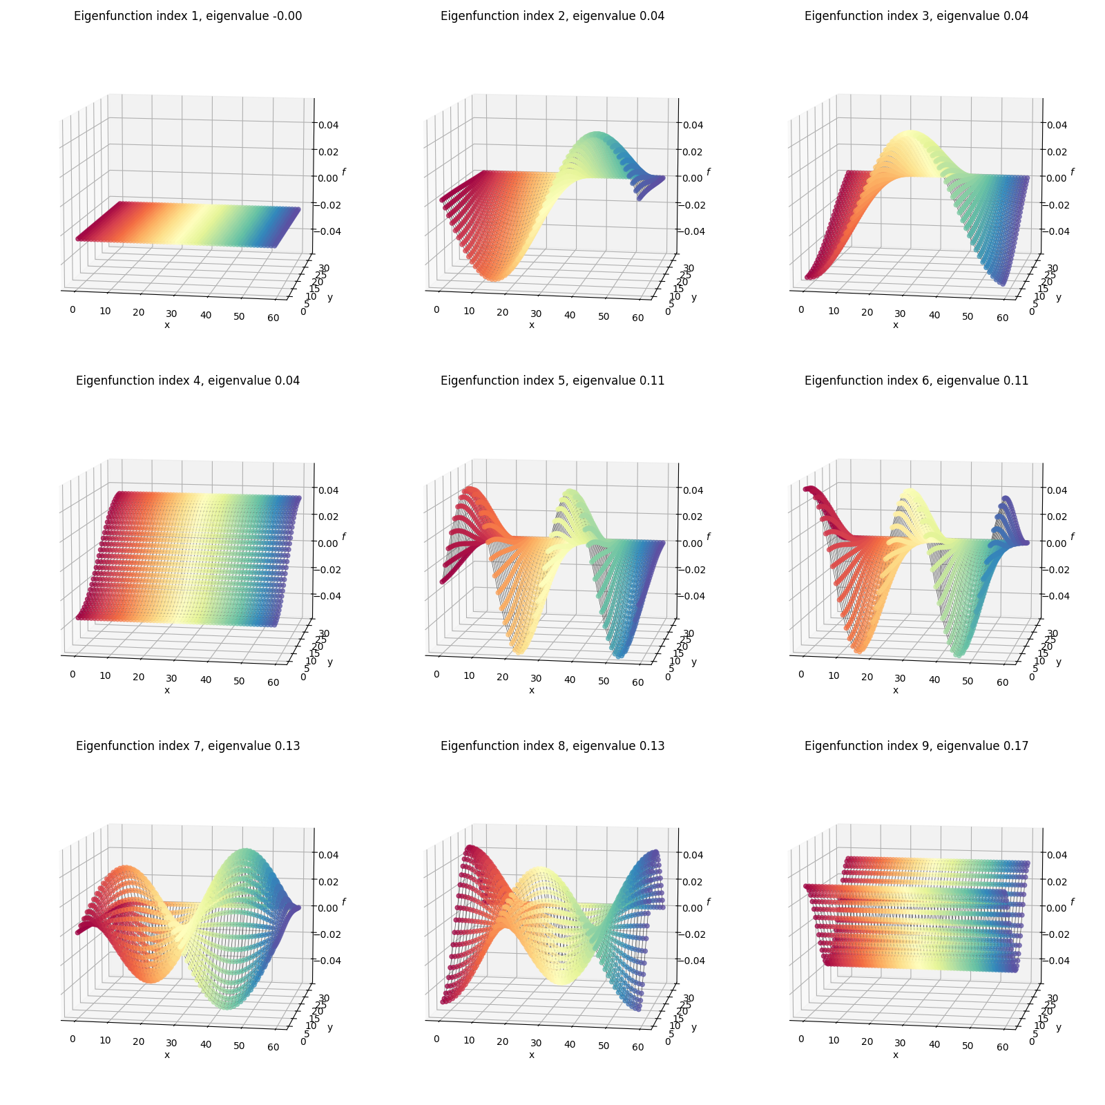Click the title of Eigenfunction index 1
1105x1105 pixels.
click(188, 16)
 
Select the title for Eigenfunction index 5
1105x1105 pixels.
click(552, 381)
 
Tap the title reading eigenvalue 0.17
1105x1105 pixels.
click(916, 746)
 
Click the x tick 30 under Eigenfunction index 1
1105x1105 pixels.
click(172, 313)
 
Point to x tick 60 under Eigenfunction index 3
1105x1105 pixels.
click(1002, 318)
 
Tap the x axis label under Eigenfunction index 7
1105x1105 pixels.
click(167, 1055)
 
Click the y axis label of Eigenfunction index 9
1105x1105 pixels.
click(1059, 1027)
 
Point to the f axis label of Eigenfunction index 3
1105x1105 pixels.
click(1073, 172)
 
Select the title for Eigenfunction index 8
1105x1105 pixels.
click(552, 746)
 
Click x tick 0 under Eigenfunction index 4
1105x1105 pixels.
click(73, 674)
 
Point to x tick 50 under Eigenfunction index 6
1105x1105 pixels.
click(968, 681)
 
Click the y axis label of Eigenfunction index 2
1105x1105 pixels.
click(694, 297)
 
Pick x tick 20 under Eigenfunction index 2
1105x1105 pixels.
click(502, 312)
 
